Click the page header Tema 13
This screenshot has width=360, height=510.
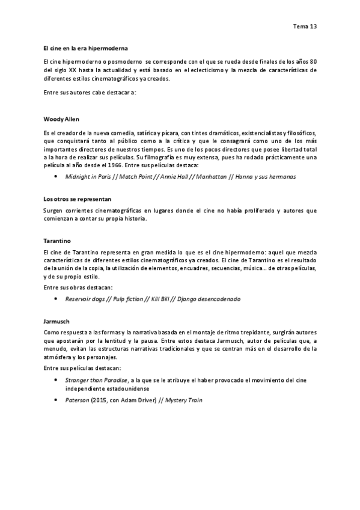[305, 27]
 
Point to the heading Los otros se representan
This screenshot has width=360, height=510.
[78, 198]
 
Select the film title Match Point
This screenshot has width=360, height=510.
[135, 177]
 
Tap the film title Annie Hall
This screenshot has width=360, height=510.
[176, 177]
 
